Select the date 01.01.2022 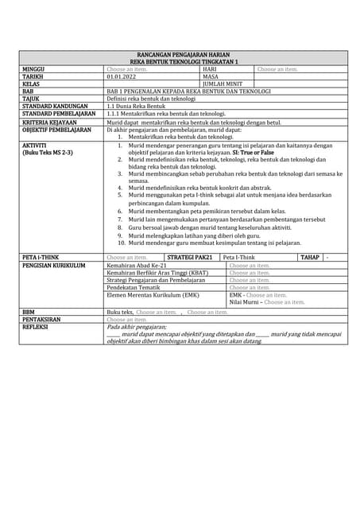(122, 76)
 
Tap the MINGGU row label (34, 69)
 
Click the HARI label (210, 69)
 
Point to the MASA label (211, 76)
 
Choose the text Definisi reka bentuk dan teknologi (149, 98)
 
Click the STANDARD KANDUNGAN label (54, 106)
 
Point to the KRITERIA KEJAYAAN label (54, 122)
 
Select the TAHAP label (309, 258)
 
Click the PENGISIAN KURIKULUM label (53, 266)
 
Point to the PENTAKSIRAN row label (42, 319)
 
